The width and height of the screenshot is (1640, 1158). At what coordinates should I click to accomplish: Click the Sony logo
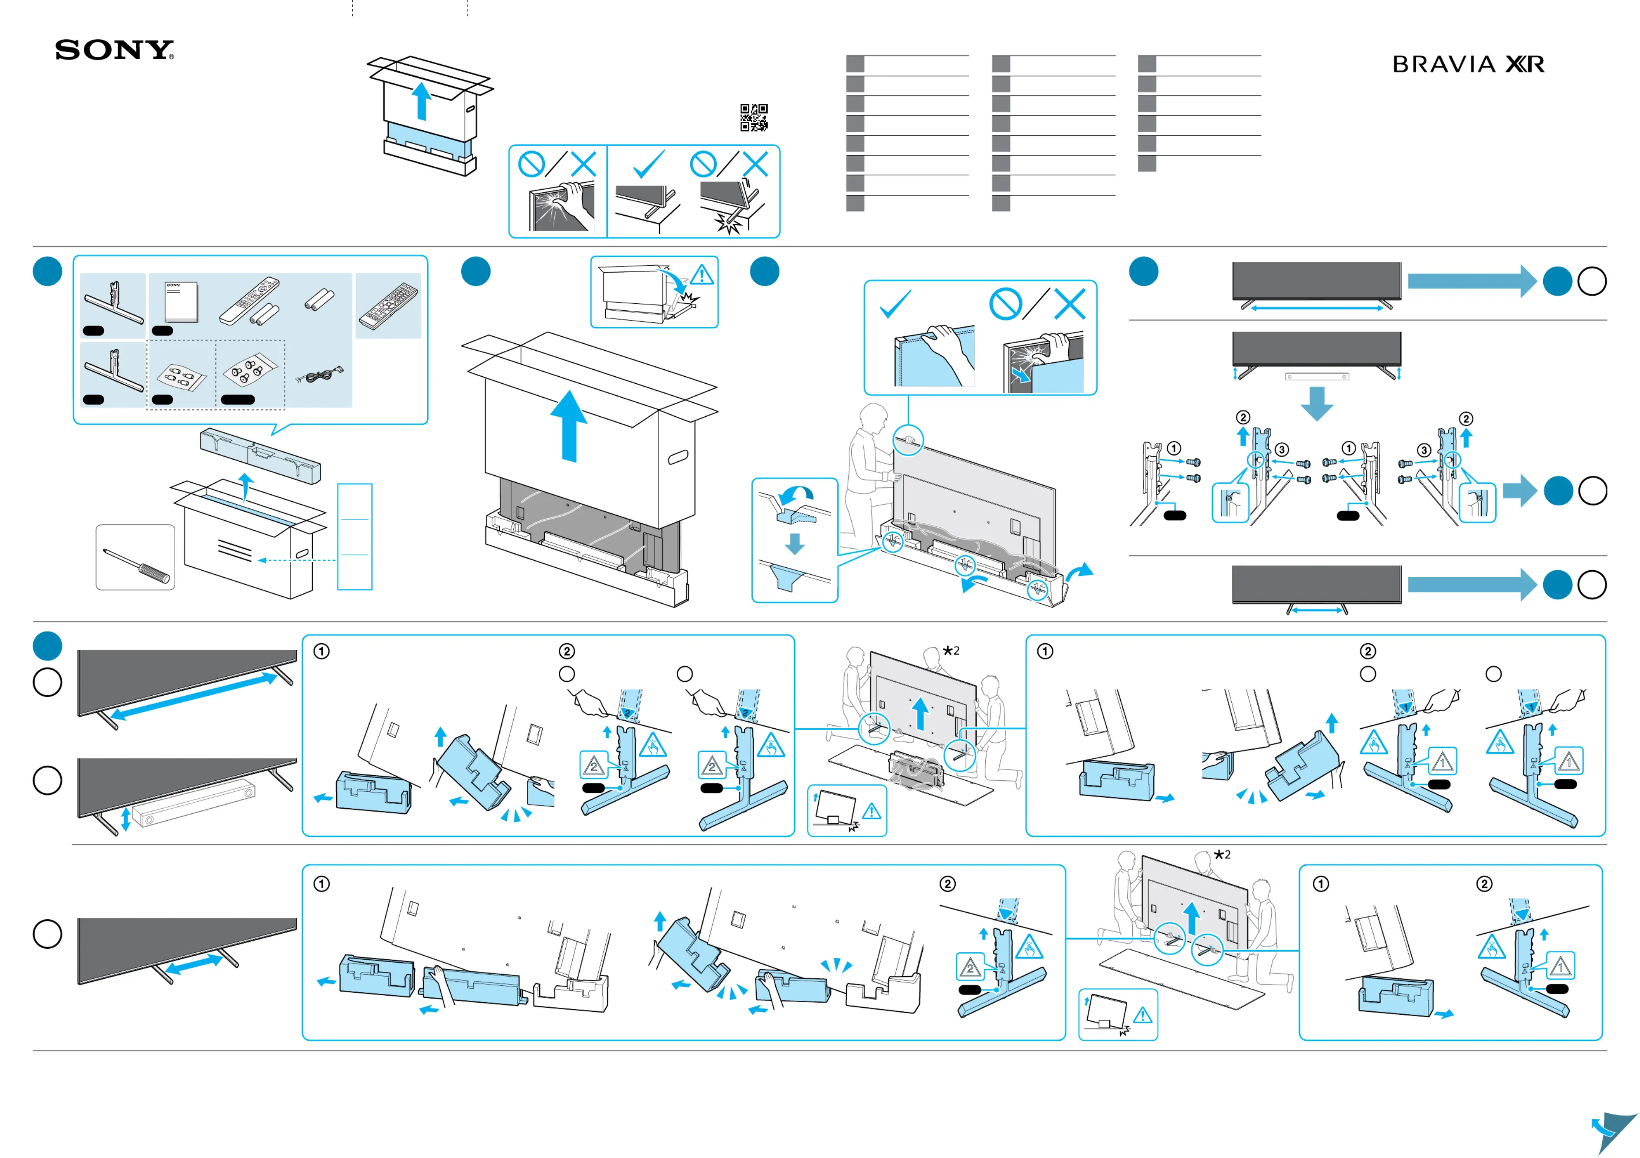point(114,50)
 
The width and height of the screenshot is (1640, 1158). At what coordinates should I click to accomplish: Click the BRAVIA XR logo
point(1468,64)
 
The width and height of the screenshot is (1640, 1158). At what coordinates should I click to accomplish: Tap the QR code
point(754,117)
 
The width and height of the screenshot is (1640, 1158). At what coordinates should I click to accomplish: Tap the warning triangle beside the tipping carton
point(702,275)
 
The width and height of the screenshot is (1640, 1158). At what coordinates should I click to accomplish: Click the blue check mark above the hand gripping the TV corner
point(895,304)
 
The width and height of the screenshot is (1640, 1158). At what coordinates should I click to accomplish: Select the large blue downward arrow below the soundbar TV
point(1316,404)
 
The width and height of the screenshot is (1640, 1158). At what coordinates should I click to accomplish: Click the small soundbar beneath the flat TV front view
point(1316,376)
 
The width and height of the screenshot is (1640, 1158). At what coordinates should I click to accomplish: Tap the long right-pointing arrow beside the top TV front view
point(1471,281)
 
